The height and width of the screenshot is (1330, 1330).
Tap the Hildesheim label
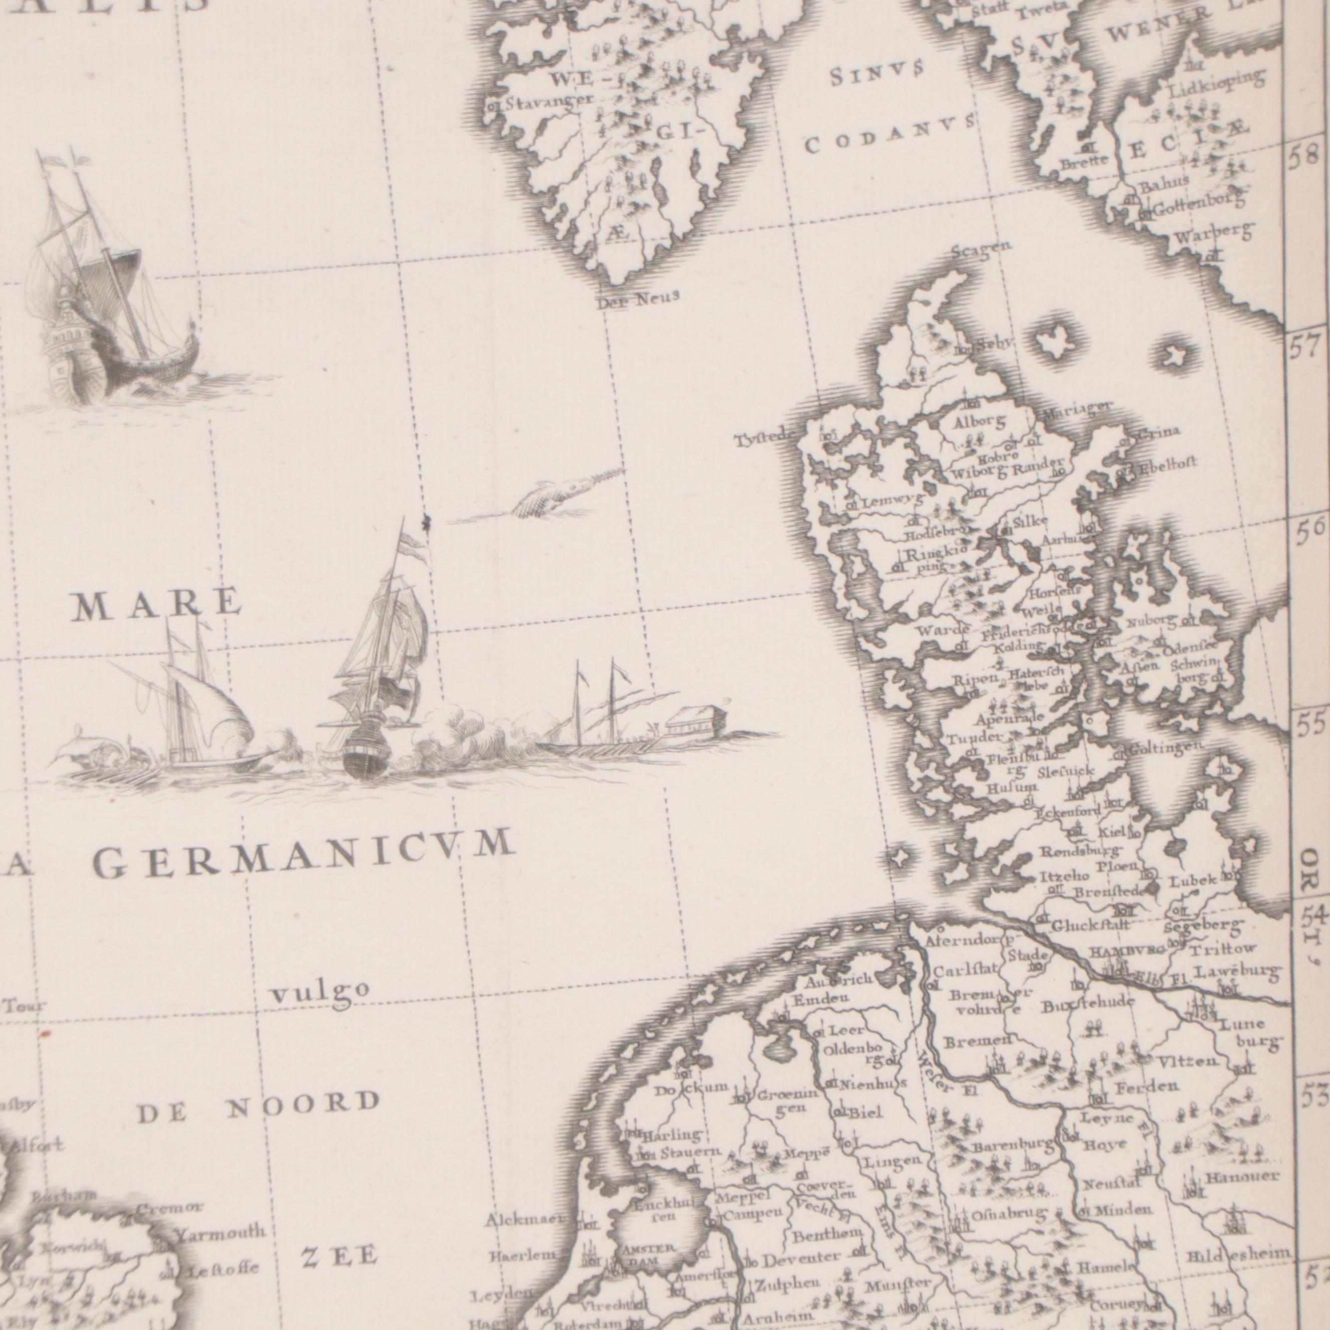[x=1238, y=1255]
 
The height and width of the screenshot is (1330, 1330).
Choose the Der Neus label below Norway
[x=637, y=298]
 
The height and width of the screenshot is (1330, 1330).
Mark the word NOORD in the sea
[x=303, y=1104]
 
